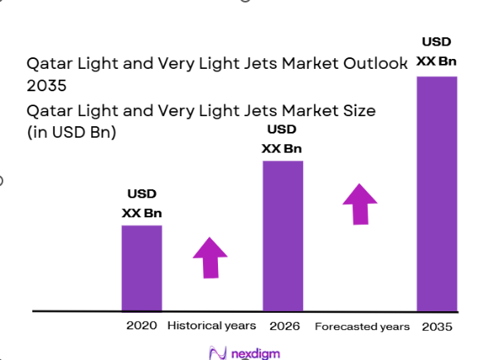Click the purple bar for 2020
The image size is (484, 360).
point(142,267)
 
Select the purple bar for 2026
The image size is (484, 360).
point(283,236)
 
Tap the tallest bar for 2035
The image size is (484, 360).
point(436,193)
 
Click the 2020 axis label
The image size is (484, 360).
point(142,326)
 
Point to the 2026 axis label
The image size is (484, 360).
point(283,326)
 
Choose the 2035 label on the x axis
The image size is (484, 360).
point(437,327)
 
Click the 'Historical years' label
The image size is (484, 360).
point(212,326)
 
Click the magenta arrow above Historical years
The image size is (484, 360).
point(211,257)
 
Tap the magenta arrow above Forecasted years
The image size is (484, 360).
point(360,203)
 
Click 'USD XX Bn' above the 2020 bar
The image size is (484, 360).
point(142,204)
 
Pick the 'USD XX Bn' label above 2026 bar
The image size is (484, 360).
point(283,139)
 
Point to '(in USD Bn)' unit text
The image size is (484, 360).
point(70,132)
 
